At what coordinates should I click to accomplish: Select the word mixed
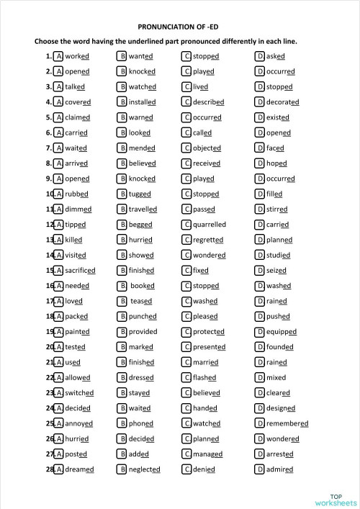pos(276,377)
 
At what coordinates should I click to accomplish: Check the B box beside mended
pos(122,148)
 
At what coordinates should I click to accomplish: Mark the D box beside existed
pos(259,117)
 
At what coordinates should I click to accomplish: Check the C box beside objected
pos(186,148)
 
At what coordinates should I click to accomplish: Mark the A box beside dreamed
pos(59,469)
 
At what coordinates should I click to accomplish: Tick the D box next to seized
pos(259,271)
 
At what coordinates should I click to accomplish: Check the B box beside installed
pos(122,102)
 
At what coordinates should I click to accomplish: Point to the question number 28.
pos(50,469)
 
